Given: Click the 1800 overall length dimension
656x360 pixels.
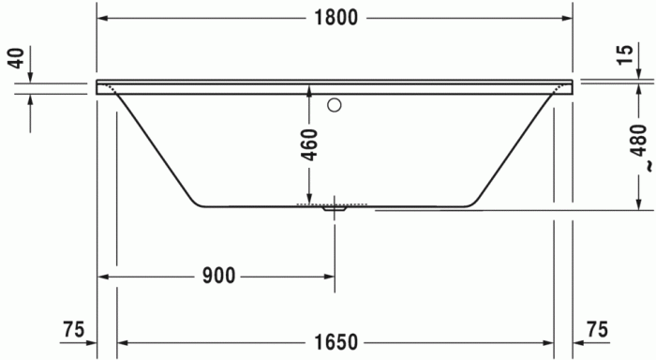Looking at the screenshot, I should click(x=335, y=18).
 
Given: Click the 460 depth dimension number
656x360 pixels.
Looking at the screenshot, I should click(x=309, y=144).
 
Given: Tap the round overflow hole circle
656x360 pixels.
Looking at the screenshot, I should click(x=335, y=105).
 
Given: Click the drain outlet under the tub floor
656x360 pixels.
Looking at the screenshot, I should click(x=335, y=209).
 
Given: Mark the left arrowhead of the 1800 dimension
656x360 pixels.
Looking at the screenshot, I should click(x=104, y=18).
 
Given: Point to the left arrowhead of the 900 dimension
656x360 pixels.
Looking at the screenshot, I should click(x=104, y=276).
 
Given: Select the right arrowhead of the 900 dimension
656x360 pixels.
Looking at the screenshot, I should click(x=329, y=276).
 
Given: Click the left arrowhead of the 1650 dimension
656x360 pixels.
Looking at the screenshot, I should click(x=123, y=342).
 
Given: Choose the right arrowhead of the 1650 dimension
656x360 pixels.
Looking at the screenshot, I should click(x=548, y=342).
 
